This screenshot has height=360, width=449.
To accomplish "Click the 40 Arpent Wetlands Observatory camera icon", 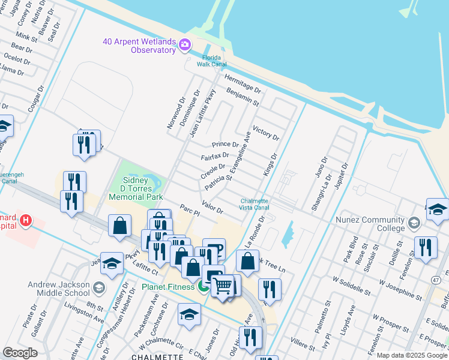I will point(184,44).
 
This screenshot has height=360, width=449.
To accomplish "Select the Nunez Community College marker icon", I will point(413,224).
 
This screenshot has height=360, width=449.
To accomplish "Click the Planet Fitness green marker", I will point(203,287).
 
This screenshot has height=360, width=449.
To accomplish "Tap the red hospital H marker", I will point(25,220).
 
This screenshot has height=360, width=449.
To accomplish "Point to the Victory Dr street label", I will point(266,133).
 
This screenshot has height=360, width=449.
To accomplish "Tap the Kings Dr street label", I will point(270,164).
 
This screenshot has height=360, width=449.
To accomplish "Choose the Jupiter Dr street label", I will point(342,175).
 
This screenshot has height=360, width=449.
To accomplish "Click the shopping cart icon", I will point(222,286).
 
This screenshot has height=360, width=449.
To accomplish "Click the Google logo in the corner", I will point(20,353).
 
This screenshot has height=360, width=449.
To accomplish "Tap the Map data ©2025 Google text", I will point(412,356).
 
